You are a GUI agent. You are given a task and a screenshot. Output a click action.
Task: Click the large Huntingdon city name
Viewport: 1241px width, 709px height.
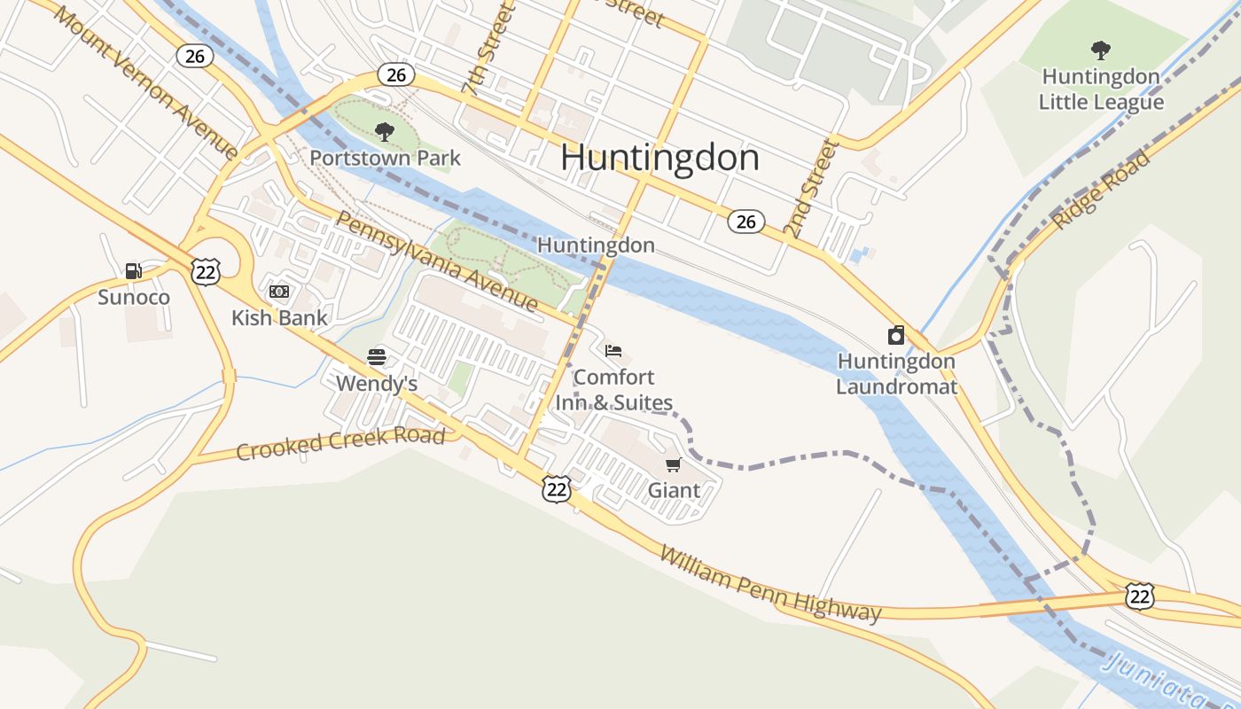(660, 158)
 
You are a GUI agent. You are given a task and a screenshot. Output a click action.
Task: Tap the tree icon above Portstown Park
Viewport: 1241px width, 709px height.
(385, 132)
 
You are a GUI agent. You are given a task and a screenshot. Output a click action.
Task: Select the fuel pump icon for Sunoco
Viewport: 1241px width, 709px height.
(133, 271)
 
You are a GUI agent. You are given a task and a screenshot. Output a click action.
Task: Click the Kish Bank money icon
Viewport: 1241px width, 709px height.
(279, 292)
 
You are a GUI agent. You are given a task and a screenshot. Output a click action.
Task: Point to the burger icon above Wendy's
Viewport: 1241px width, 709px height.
(377, 357)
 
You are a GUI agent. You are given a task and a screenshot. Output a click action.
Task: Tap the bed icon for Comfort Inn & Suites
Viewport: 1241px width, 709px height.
(613, 351)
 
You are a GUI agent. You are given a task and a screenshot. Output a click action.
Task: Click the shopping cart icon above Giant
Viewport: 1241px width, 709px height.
(674, 464)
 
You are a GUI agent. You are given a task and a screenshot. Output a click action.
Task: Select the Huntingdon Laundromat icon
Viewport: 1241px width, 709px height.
(896, 335)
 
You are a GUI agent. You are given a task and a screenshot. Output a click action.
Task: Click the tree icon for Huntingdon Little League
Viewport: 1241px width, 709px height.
(1101, 50)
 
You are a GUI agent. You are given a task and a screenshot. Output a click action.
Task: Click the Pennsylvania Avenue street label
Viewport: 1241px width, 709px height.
(436, 261)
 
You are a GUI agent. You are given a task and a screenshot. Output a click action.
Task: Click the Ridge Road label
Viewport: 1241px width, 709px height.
(1101, 190)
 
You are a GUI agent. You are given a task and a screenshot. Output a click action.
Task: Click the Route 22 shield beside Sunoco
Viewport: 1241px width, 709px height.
(206, 271)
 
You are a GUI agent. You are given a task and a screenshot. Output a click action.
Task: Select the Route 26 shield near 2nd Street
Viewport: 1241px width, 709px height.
(746, 222)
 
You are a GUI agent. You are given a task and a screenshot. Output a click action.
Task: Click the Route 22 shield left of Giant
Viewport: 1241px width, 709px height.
(557, 488)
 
